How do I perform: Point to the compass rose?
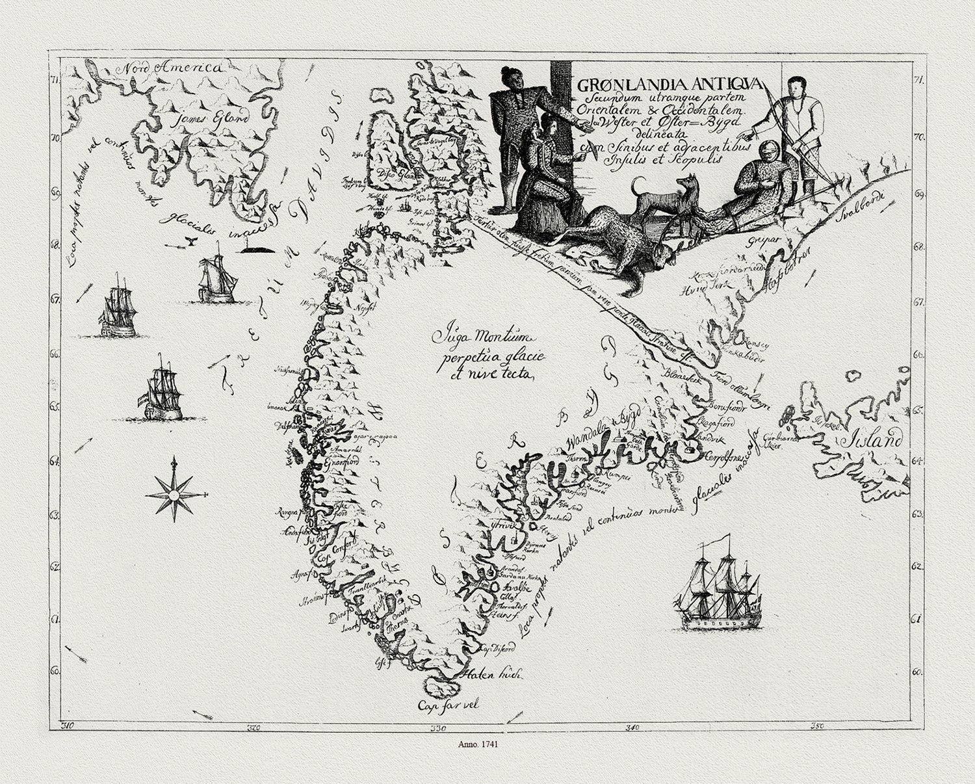[174, 491]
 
